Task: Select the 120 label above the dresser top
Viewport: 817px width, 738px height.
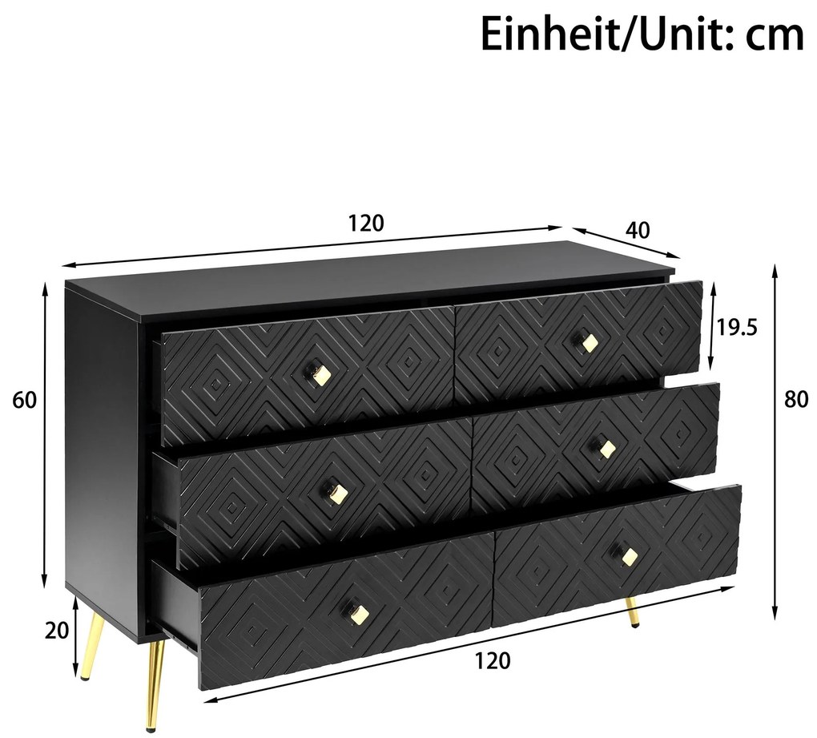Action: click(366, 223)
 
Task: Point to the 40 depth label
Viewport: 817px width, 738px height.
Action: click(637, 230)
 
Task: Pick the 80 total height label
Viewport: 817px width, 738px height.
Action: click(796, 400)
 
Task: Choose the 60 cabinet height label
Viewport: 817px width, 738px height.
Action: click(25, 400)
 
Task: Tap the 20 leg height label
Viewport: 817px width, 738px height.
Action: click(57, 631)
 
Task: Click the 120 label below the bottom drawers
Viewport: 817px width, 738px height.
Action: click(492, 660)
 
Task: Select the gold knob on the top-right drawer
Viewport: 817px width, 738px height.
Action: click(590, 343)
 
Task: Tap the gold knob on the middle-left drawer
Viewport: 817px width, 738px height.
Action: click(338, 492)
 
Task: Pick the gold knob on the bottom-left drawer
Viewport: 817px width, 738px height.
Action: click(360, 613)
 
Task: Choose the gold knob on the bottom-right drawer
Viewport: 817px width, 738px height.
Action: click(629, 556)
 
